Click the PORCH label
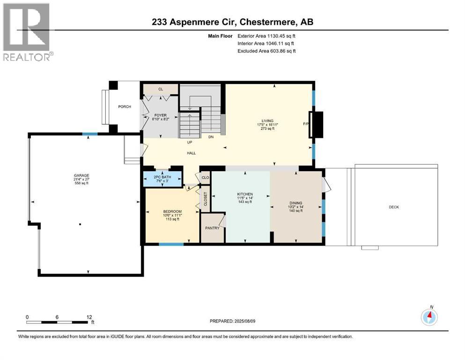pyautogui.click(x=125, y=106)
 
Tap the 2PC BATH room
pyautogui.click(x=162, y=179)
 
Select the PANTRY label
pyautogui.click(x=212, y=228)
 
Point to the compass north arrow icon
pyautogui.click(x=429, y=316)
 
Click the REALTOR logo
pyautogui.click(x=28, y=32)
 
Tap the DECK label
pyautogui.click(x=394, y=207)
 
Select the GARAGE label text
pyautogui.click(x=81, y=175)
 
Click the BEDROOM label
pyautogui.click(x=172, y=211)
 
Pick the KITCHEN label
pyautogui.click(x=245, y=194)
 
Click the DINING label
pyautogui.click(x=296, y=203)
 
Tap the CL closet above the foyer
pyautogui.click(x=161, y=89)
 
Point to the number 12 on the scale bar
pyautogui.click(x=89, y=317)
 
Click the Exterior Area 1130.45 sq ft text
pyautogui.click(x=266, y=36)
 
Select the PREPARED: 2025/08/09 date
pyautogui.click(x=232, y=321)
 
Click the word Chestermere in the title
pyautogui.click(x=267, y=22)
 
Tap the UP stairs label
pyautogui.click(x=190, y=142)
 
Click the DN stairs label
pyautogui.click(x=211, y=137)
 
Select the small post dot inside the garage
pyautogui.click(x=80, y=225)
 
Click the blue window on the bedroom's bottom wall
pyautogui.click(x=171, y=244)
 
